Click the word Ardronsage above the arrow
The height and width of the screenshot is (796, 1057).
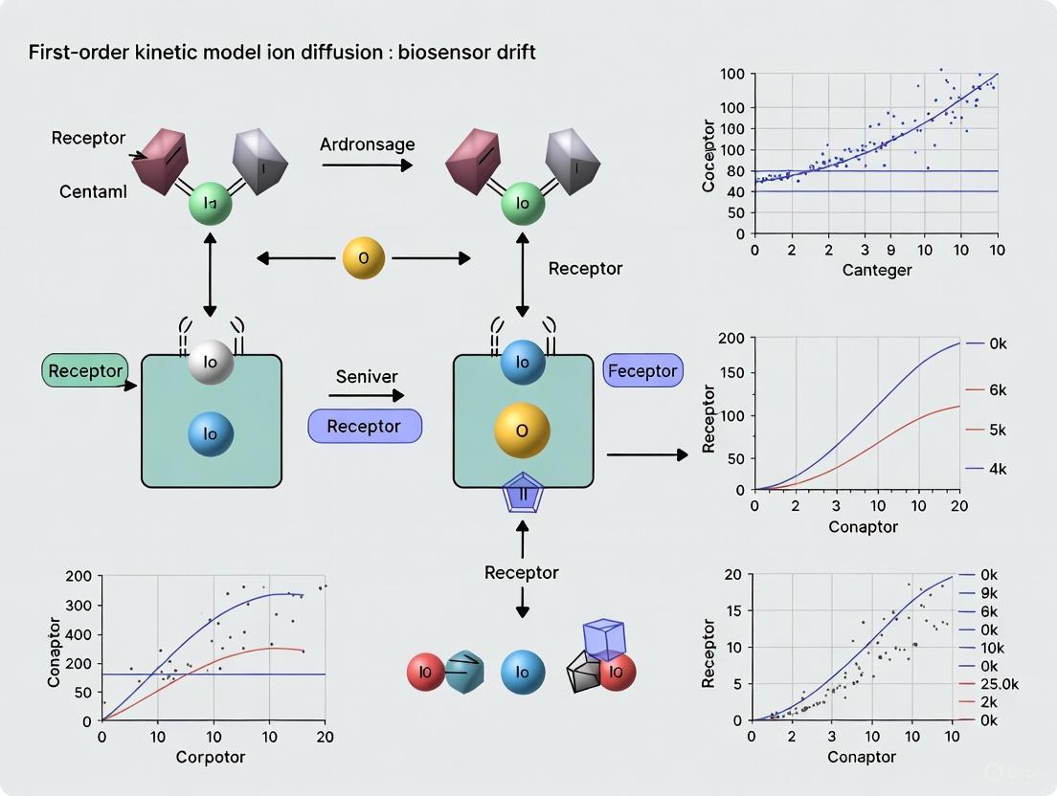[x=367, y=144]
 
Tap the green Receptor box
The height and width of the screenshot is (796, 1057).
[x=85, y=371]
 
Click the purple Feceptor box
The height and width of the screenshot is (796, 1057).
[x=642, y=371]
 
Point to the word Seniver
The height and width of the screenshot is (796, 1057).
[x=366, y=377]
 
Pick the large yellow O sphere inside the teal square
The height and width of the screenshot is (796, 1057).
[x=522, y=431]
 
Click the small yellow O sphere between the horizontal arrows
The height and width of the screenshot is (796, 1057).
[x=364, y=258]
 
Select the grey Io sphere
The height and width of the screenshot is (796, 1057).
[x=211, y=364]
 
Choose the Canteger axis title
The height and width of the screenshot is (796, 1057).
[x=877, y=270]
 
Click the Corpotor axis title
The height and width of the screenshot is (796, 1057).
[x=211, y=757]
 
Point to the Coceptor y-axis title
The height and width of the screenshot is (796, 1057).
[x=708, y=156]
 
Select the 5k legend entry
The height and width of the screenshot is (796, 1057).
[x=997, y=430]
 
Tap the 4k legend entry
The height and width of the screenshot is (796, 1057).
[x=997, y=469]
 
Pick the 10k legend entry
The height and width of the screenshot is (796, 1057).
[x=997, y=648]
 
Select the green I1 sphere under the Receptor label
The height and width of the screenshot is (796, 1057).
[x=211, y=203]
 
